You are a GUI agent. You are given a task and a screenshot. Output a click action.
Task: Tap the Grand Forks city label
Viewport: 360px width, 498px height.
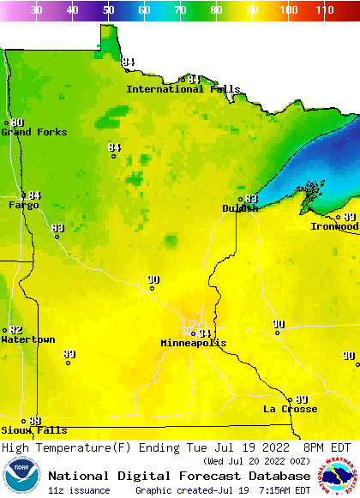28,132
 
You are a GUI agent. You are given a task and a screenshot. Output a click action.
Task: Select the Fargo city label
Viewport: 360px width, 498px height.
24,206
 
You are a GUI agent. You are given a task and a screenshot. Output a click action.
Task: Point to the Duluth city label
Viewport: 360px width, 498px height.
240,208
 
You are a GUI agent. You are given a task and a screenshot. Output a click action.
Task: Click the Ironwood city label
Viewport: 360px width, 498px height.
334,226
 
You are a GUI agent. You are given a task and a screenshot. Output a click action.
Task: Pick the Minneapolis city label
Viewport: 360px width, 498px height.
194,343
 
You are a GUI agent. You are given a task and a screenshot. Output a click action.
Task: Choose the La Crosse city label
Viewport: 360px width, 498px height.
290,409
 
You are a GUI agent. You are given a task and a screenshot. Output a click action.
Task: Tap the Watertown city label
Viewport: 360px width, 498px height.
27,340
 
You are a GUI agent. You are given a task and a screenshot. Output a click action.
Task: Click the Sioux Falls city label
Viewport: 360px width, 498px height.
33,430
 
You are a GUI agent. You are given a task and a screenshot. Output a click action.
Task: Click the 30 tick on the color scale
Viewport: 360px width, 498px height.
36,10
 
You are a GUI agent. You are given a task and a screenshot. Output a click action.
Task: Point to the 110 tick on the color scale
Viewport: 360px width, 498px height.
324,10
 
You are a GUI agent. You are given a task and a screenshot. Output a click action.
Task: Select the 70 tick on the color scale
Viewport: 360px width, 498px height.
180,10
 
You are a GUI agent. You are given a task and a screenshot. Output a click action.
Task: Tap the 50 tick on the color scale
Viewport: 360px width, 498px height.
108,10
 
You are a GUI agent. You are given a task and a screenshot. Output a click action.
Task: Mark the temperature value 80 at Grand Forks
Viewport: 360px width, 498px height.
17,123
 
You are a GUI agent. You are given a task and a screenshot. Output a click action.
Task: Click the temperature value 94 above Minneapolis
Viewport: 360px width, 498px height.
204,333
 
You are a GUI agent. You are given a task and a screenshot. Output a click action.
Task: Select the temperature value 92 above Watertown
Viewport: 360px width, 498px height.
15,330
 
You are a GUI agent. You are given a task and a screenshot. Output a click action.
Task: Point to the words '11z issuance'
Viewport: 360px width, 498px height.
80,490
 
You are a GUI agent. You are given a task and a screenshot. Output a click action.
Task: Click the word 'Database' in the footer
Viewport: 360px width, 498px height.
278,476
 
